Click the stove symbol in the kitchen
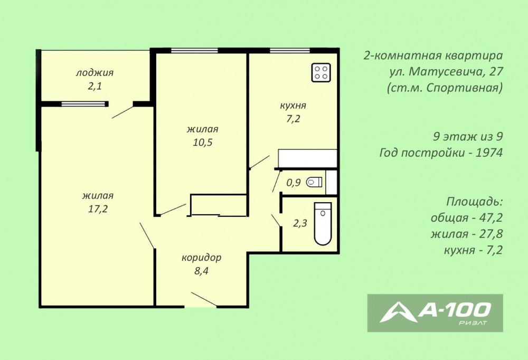321,72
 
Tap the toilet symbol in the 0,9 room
314,182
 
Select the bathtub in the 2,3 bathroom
323,224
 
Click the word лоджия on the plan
95,73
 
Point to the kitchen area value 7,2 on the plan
293,119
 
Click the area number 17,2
98,209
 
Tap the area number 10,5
203,143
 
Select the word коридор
201,258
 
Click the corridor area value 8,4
201,271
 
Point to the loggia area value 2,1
95,86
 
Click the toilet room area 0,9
293,183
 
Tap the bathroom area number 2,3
300,223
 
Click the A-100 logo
435,313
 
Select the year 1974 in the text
489,153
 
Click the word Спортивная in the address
464,88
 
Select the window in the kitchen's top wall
289,51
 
